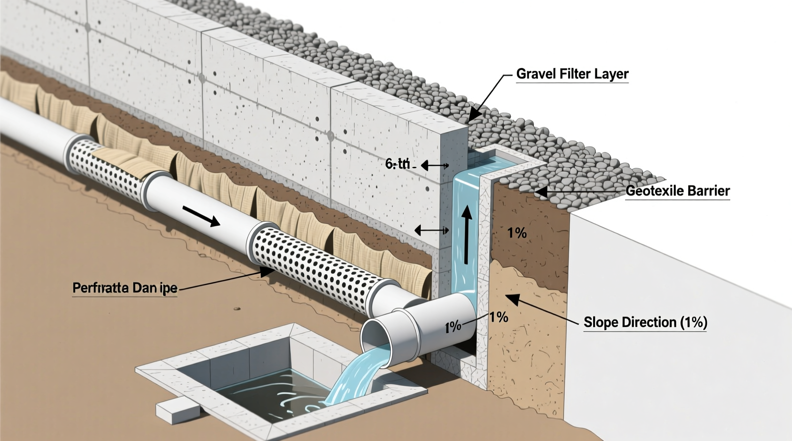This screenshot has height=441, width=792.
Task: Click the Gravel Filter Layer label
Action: tap(572, 74)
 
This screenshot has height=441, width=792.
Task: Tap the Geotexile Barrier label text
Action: tap(677, 191)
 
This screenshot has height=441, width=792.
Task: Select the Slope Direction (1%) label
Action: tap(645, 322)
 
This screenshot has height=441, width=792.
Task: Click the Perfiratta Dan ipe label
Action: tap(125, 288)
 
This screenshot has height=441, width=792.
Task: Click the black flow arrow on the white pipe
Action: tap(201, 217)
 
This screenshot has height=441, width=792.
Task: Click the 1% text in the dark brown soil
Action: tap(517, 233)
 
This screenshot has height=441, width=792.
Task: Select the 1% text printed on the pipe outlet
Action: tap(453, 326)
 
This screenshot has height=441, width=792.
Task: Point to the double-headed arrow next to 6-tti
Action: tap(435, 166)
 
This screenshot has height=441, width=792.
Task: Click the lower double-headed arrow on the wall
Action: tap(431, 231)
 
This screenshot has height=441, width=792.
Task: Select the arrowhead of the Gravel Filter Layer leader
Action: tap(474, 117)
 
